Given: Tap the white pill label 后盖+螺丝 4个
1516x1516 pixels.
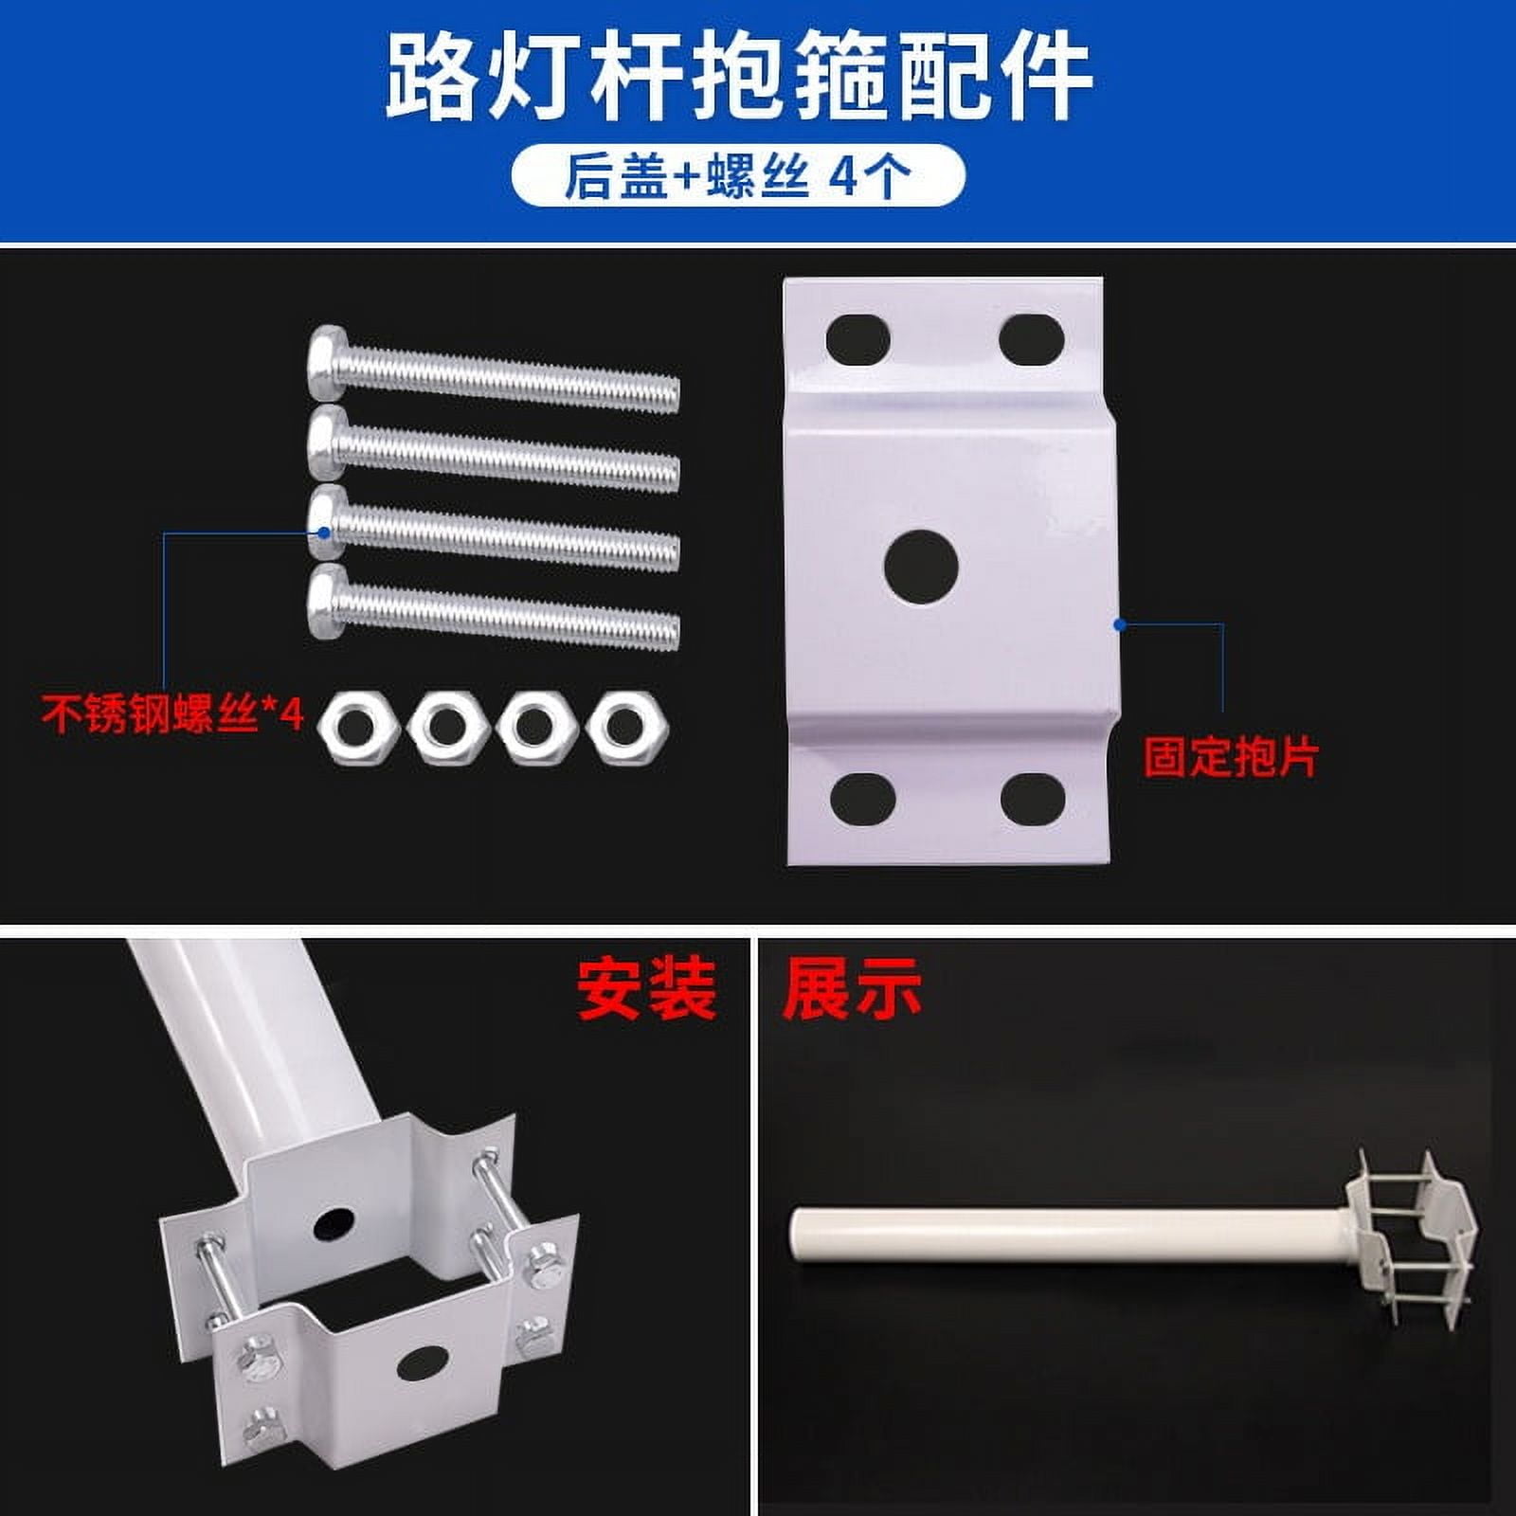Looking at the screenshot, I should tap(738, 175).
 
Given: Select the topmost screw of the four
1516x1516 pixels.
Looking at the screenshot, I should tap(494, 370).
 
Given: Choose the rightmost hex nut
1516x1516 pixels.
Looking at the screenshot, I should tap(626, 728).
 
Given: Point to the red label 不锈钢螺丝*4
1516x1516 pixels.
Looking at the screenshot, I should tap(172, 713).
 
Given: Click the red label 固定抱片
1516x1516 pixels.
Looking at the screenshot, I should tap(1231, 757).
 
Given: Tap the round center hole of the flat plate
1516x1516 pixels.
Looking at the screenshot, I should tap(921, 568).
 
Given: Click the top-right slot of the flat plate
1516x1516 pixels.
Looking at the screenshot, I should tap(1032, 338).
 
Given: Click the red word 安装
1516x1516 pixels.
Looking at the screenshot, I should tap(646, 988).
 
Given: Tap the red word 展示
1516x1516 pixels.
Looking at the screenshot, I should tap(852, 988).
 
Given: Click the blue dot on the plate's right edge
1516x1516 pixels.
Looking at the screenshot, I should tap(1120, 624).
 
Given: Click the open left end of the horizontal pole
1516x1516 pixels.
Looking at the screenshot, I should tap(801, 1236).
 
